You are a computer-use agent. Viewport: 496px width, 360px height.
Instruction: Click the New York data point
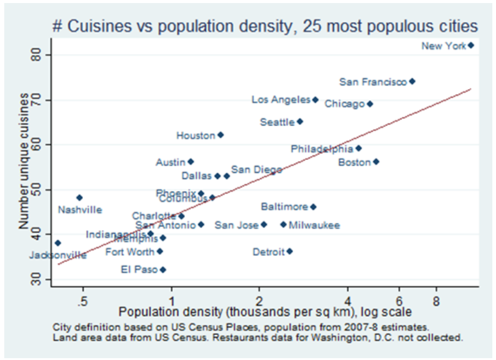[x=471, y=46]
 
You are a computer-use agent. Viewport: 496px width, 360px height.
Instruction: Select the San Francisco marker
[x=412, y=81]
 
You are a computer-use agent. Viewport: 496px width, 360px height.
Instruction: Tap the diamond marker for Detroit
[x=290, y=251]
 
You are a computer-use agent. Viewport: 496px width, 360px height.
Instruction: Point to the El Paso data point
[x=163, y=270]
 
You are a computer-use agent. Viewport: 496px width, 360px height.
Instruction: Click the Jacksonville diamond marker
[x=58, y=243]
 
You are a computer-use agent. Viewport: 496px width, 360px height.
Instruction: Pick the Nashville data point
[x=79, y=198]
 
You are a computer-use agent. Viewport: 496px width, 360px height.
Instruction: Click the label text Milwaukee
[x=314, y=225]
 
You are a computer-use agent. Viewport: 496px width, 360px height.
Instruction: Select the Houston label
[x=196, y=135]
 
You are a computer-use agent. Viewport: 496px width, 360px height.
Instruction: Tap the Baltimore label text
[x=284, y=207]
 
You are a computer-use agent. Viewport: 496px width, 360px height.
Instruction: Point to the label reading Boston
[x=354, y=162]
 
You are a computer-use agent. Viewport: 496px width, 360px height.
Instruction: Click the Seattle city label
[x=277, y=122]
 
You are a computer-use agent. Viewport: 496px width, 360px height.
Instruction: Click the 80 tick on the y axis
[x=42, y=56]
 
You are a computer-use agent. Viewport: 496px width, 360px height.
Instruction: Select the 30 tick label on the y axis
[x=42, y=279]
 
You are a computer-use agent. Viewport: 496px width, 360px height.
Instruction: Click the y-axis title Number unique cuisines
[x=23, y=162]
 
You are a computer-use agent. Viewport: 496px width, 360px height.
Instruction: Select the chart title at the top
[x=265, y=27]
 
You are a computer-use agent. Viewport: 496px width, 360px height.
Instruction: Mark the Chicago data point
[x=370, y=104]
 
